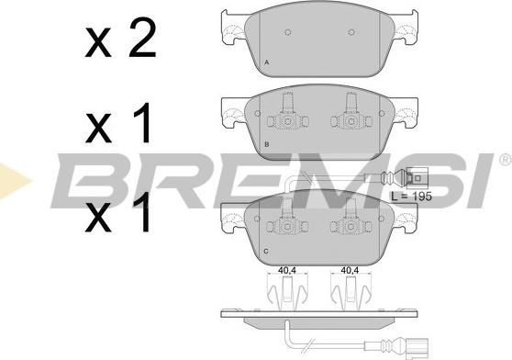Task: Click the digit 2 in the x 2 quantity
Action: coord(142,38)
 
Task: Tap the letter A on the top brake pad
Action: coord(267,62)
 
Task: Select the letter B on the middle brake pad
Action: coord(267,144)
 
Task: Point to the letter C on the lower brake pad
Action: coord(266,252)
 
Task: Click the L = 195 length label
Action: coord(411,197)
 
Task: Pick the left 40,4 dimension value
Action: coord(287,271)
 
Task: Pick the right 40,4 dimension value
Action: coord(350,271)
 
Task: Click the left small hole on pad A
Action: coord(288,32)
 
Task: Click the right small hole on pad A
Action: coord(351,32)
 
